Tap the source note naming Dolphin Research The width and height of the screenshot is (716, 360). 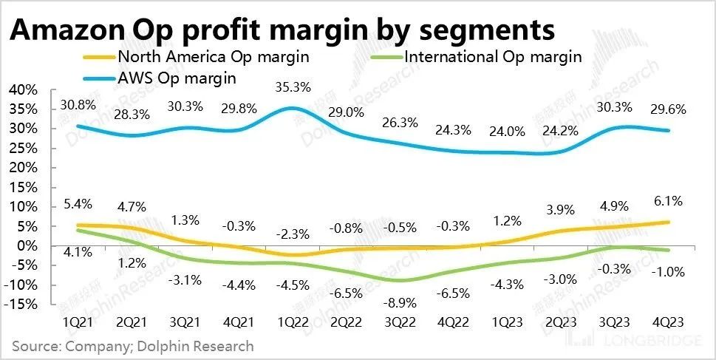point(132,346)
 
